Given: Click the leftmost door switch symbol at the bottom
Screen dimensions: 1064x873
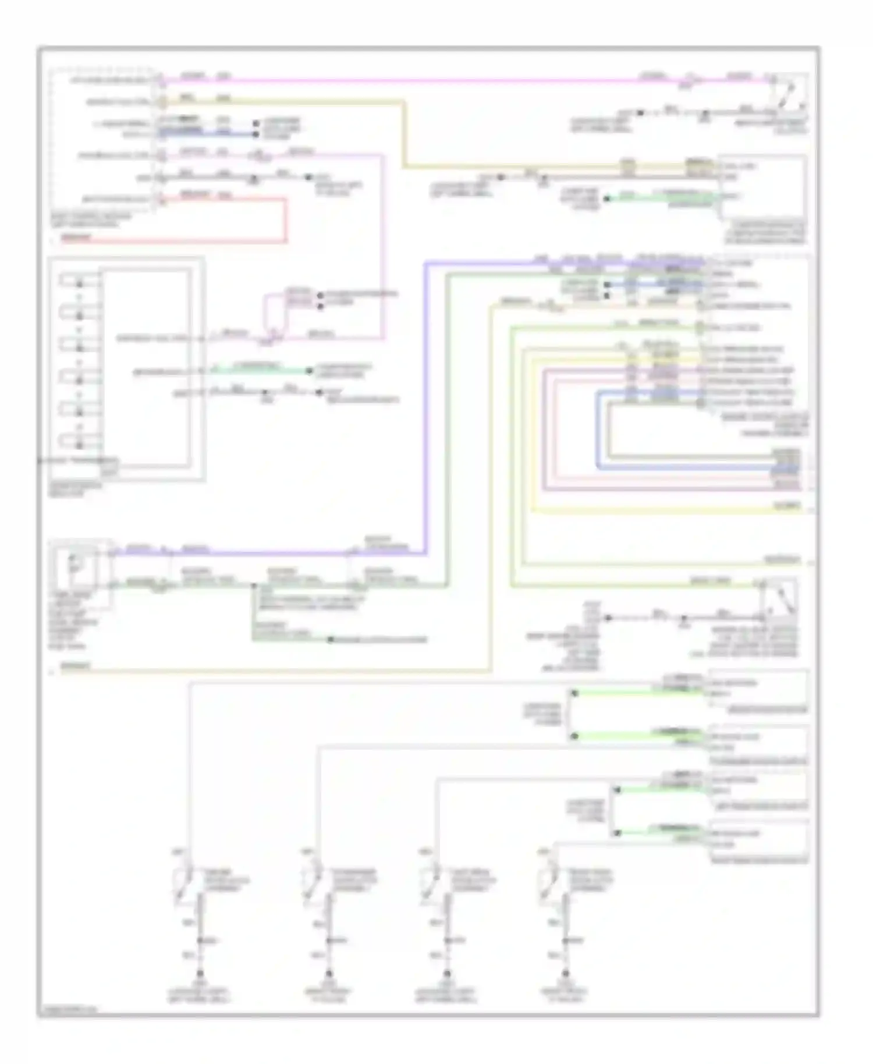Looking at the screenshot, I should [185, 886].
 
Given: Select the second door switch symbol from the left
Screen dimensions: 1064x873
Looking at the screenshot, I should [313, 886].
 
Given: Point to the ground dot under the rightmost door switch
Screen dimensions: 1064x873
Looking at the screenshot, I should [565, 973].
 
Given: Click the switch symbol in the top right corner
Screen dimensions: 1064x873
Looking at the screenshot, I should [789, 93].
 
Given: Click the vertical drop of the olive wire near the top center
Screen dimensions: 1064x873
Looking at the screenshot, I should [403, 134].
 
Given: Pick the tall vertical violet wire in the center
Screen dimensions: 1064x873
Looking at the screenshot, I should [426, 407].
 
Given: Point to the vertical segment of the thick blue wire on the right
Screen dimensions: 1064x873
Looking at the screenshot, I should [598, 431].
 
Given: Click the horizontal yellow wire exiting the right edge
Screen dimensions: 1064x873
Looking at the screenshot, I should [669, 512].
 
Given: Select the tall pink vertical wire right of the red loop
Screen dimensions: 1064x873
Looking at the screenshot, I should [383, 244].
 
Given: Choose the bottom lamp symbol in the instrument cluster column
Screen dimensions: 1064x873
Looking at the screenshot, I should [79, 445].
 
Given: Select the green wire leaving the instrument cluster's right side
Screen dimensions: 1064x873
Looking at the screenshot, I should [262, 370].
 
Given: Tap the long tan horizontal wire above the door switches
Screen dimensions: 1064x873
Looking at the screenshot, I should [279, 671].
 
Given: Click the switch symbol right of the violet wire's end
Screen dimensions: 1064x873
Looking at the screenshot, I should [780, 600].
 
